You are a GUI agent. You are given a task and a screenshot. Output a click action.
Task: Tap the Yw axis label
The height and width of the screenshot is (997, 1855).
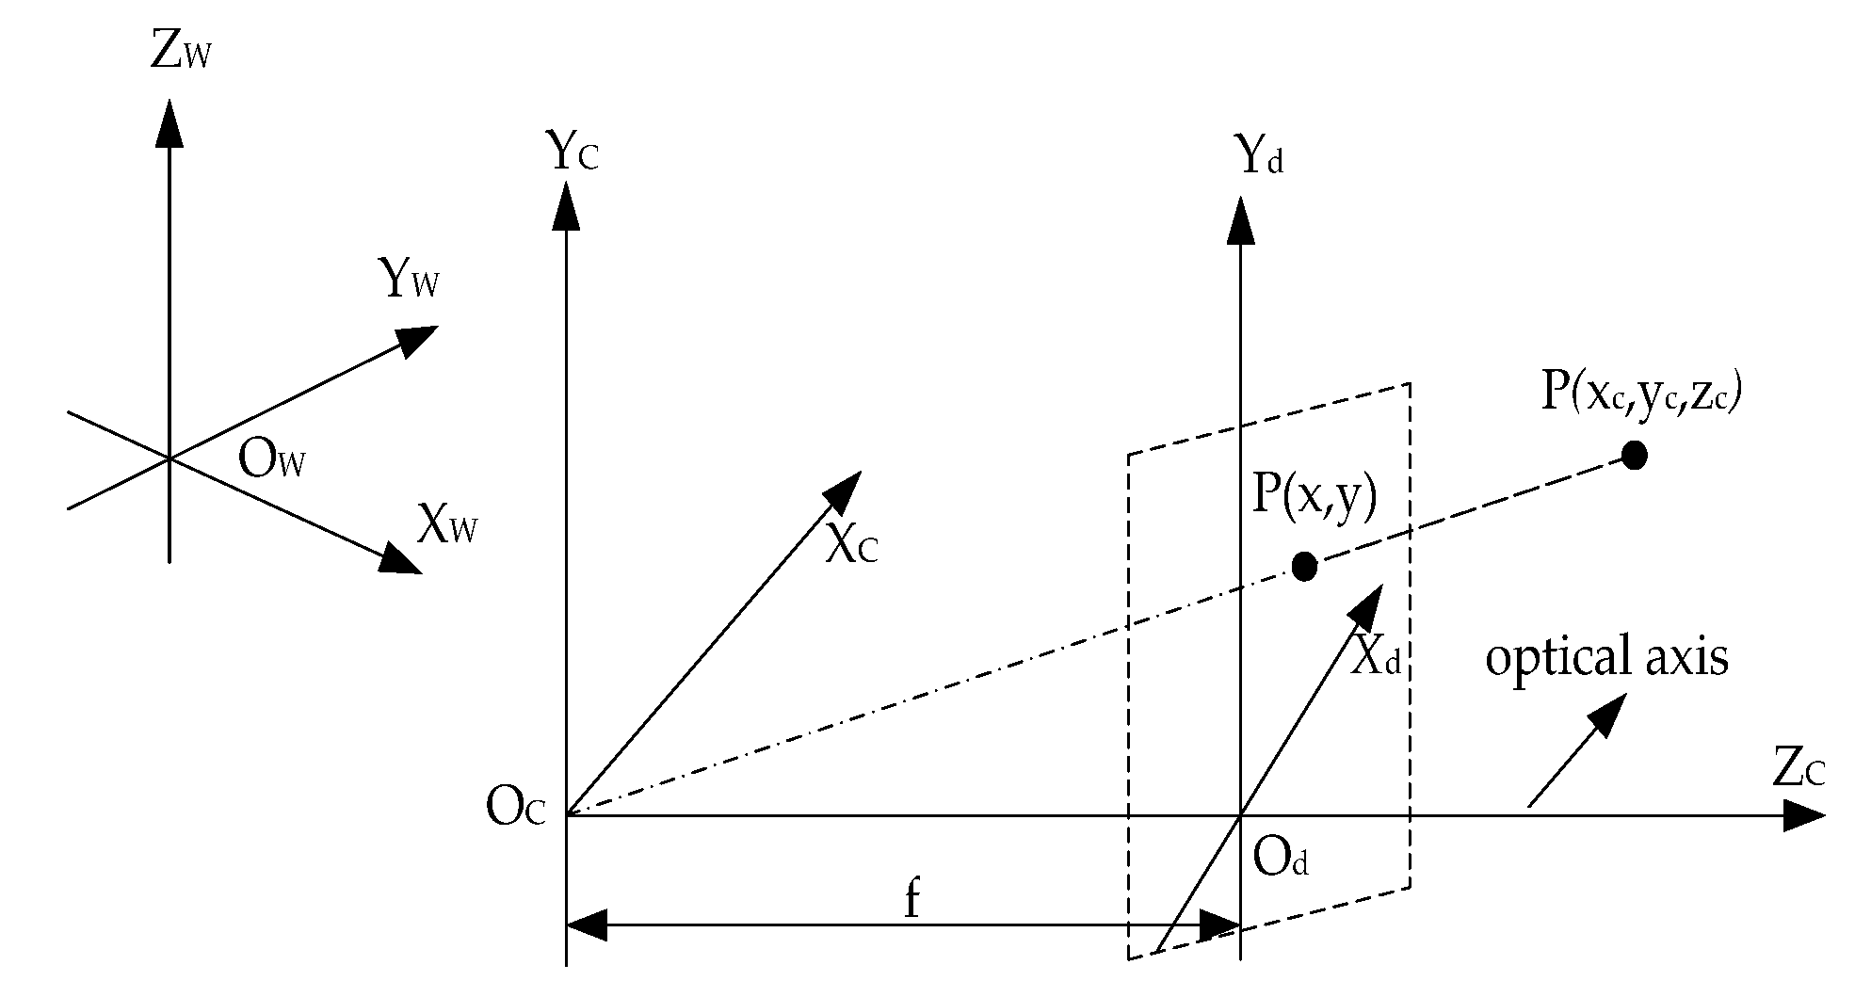(x=408, y=280)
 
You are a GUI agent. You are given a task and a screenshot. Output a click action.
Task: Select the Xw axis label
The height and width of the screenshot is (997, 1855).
(x=446, y=525)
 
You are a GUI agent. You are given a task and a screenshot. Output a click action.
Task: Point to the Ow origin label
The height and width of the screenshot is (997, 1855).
(x=272, y=461)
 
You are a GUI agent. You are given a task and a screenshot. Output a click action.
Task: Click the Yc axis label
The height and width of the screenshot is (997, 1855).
(x=572, y=153)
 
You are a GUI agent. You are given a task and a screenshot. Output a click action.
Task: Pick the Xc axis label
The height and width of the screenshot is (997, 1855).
(x=850, y=544)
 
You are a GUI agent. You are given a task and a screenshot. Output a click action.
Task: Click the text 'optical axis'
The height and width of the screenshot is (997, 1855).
(x=1606, y=657)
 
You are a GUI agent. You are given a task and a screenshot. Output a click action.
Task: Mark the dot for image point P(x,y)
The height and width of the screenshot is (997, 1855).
(x=1304, y=566)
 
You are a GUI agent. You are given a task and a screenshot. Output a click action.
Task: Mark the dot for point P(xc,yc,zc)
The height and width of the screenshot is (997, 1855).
(x=1635, y=456)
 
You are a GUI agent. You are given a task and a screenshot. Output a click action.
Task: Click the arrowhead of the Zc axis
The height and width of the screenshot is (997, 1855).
(x=1804, y=815)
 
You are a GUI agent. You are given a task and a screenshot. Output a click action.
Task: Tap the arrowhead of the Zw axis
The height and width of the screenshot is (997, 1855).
(x=169, y=122)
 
